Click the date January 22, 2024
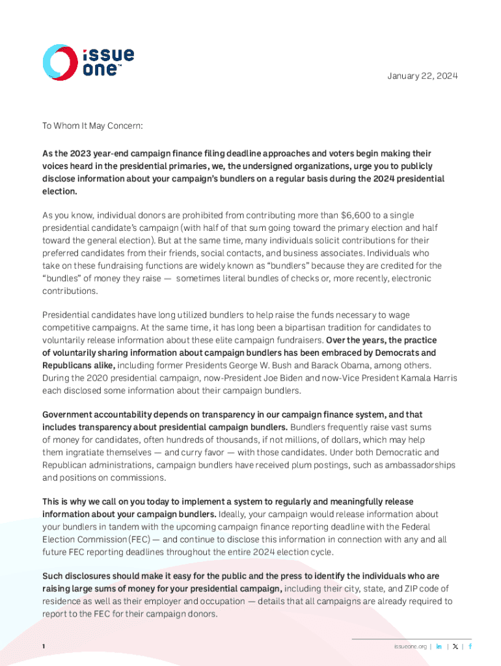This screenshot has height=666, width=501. point(422,76)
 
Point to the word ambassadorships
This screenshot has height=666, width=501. point(418,465)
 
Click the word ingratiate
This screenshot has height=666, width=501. point(88,452)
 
